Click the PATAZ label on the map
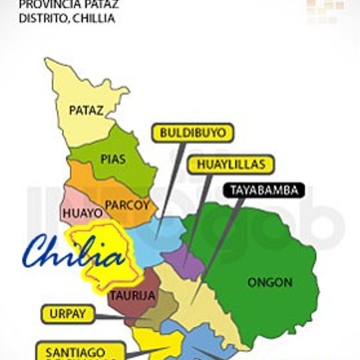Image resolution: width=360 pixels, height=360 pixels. tap(87, 110)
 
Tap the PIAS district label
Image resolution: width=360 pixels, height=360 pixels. tap(113, 159)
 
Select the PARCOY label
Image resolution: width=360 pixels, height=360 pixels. tap(128, 205)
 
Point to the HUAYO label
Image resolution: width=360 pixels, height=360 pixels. tap(83, 213)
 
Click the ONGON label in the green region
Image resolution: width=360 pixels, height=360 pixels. tap(270, 282)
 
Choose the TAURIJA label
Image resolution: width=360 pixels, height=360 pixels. tap(133, 295)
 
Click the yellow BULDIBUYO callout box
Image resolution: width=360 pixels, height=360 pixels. tap(193, 133)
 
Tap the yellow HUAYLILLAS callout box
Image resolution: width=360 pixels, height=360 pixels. tap(231, 164)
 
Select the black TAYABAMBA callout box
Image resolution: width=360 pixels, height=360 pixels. tap(264, 190)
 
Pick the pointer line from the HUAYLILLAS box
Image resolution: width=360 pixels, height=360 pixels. tap(200, 213)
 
